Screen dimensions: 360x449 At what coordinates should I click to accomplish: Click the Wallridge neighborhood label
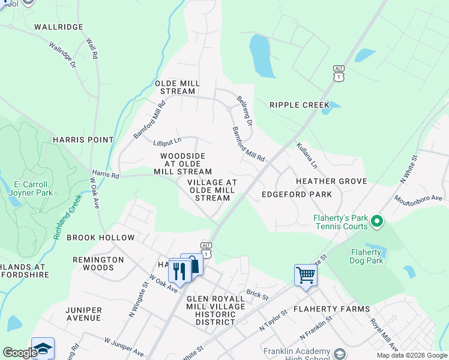tap(58, 27)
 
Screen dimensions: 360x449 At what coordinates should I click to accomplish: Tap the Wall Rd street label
tap(92, 49)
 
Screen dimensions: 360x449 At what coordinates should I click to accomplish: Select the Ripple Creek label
tap(300, 105)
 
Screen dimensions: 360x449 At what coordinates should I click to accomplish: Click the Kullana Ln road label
tap(306, 155)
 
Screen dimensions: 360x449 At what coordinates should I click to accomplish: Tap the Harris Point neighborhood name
tap(83, 140)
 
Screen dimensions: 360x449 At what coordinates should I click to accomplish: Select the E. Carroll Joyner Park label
tap(30, 188)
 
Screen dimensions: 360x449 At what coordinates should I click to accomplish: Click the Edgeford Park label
tap(297, 194)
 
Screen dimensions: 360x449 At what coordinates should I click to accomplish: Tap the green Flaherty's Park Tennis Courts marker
tap(377, 222)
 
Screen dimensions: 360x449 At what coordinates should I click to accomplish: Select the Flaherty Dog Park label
tap(366, 256)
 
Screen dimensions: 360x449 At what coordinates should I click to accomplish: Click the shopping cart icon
tap(306, 275)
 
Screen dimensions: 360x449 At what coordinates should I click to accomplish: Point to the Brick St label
tap(256, 295)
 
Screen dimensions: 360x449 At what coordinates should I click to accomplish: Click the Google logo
tap(20, 353)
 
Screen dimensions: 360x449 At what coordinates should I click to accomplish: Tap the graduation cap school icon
tap(43, 349)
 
